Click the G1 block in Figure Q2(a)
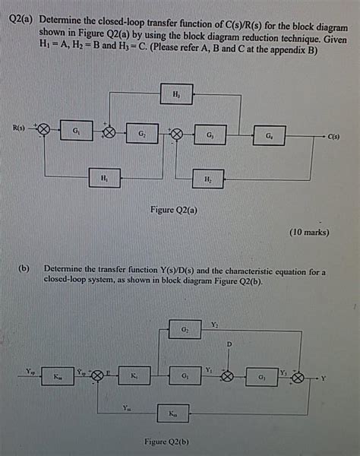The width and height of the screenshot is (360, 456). [x=74, y=131]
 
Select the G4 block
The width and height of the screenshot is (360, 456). [x=270, y=136]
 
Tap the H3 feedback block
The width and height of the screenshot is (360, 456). [x=176, y=95]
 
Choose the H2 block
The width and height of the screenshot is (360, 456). [x=207, y=179]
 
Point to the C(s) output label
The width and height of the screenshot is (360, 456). [x=334, y=137]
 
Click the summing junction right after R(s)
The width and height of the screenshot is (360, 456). [x=44, y=130]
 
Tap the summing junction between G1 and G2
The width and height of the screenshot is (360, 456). [x=109, y=132]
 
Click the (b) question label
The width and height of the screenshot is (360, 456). [x=25, y=269]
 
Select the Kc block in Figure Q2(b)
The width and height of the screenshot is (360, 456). [x=134, y=375]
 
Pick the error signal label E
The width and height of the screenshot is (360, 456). [x=109, y=370]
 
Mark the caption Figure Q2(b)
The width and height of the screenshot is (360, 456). [x=166, y=442]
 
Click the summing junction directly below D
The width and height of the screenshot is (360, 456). [x=226, y=375]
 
